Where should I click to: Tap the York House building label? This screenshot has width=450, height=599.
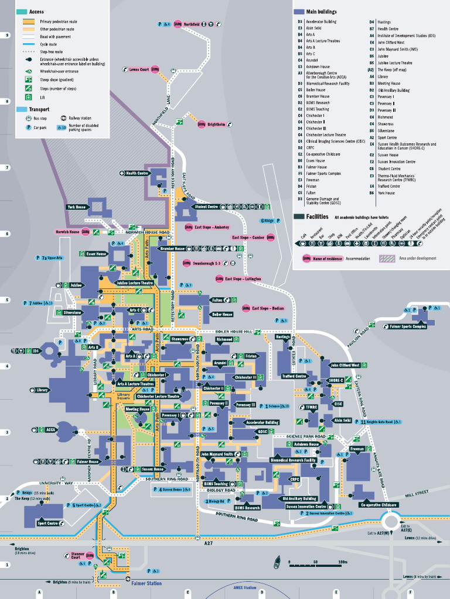(76, 207)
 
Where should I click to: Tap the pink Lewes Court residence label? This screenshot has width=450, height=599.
(139, 69)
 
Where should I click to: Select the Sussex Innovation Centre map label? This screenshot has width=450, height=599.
(306, 507)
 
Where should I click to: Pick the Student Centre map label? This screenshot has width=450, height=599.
(206, 206)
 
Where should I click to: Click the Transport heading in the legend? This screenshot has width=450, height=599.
(39, 109)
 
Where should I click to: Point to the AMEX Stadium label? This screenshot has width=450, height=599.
(243, 587)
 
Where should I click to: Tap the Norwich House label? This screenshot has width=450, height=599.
(67, 232)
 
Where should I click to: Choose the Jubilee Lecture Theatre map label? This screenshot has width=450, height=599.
(134, 283)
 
